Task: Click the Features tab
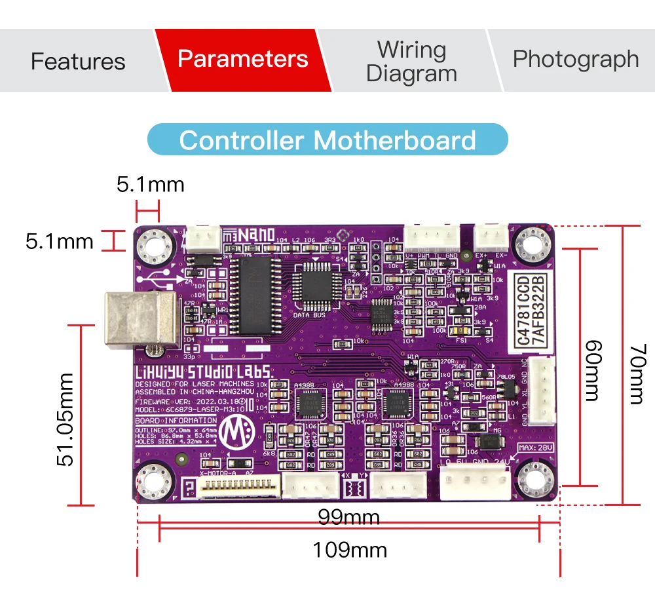tap(77, 61)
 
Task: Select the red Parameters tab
tap(242, 59)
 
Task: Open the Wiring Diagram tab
tap(411, 61)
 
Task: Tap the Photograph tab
tap(575, 59)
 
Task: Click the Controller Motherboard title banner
tap(327, 140)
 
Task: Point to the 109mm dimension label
tap(349, 550)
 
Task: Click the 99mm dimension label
tap(349, 518)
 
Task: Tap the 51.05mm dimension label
tap(65, 419)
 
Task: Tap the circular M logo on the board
tap(233, 432)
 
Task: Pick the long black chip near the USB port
tap(251, 295)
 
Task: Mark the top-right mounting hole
tap(536, 245)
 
